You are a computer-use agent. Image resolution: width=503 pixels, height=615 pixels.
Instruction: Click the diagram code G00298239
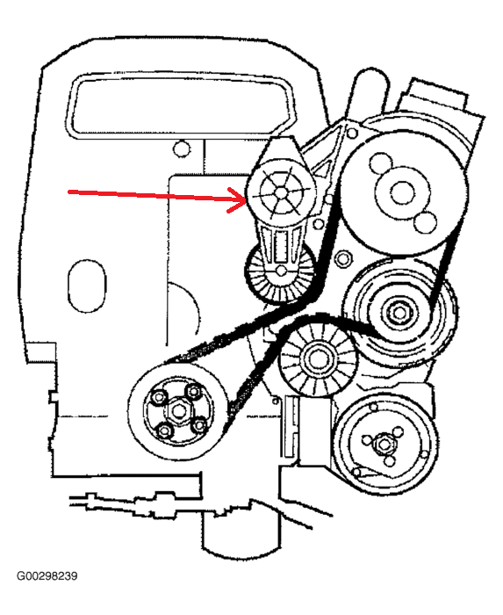[x=47, y=576]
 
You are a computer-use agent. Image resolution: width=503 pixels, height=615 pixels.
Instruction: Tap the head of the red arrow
[x=245, y=200]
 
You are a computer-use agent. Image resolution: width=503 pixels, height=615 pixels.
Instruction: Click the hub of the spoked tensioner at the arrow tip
[x=281, y=192]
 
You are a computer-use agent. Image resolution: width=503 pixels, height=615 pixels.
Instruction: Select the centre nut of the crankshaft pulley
[x=179, y=410]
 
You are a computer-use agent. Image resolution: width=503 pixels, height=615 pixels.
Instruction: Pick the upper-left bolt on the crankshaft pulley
[x=159, y=397]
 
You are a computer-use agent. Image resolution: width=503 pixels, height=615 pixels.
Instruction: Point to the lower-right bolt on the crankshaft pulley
[x=199, y=424]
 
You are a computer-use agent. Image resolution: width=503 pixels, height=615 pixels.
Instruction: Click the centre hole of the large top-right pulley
[x=402, y=192]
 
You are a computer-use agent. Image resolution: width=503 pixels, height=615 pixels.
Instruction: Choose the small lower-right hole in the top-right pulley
[x=426, y=222]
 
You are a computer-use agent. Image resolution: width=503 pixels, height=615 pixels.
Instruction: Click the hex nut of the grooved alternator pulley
[x=399, y=313]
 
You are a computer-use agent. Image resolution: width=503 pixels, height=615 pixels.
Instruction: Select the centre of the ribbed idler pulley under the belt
[x=317, y=358]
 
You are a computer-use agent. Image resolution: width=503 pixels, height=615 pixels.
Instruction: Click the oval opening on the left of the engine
[x=87, y=286]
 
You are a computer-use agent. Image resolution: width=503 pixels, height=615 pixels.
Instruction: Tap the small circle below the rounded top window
[x=182, y=148]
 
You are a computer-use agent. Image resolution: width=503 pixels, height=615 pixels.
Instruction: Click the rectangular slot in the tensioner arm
[x=281, y=246]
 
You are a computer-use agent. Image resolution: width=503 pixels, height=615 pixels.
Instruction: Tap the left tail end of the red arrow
[x=69, y=192]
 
